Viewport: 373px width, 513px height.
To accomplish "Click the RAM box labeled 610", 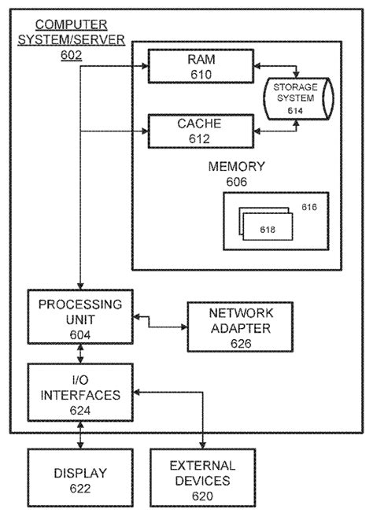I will [x=201, y=66].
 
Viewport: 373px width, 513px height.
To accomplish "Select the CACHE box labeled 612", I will [x=201, y=130].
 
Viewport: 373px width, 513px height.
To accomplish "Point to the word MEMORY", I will [x=236, y=168].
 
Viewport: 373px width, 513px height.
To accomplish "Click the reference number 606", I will [x=236, y=182].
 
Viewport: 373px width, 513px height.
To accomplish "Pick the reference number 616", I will [x=308, y=209].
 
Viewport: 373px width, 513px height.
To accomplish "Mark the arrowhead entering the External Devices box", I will [x=204, y=445].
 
